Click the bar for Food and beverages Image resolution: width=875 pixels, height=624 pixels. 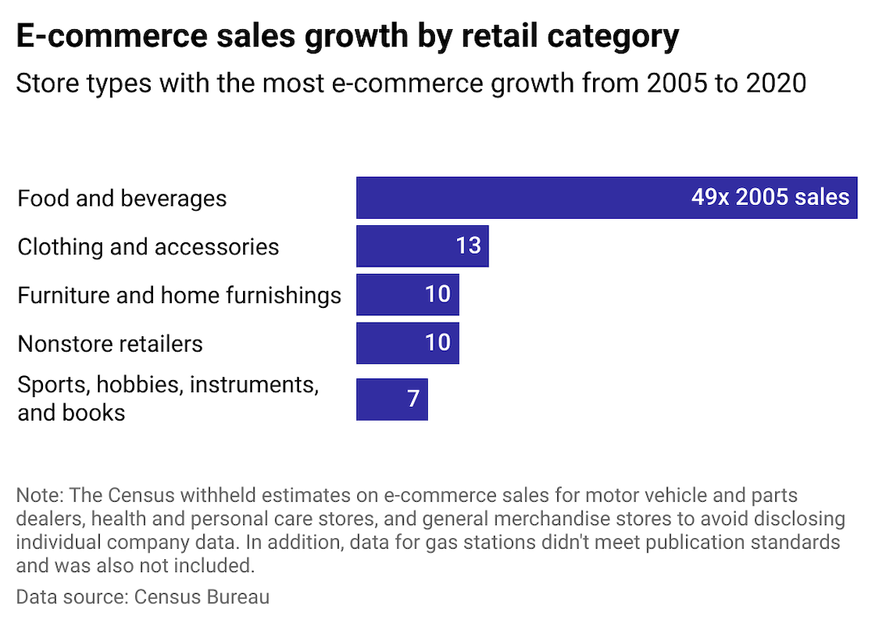[x=519, y=198]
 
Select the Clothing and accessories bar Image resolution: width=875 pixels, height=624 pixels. [x=405, y=246]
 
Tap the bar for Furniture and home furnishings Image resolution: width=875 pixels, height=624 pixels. [x=389, y=294]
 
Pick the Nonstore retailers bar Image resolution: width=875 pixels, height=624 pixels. [x=389, y=343]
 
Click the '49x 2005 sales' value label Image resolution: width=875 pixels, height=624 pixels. [x=770, y=198]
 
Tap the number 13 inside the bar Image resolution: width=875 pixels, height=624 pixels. [x=468, y=246]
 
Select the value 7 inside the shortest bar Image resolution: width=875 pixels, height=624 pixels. [x=413, y=399]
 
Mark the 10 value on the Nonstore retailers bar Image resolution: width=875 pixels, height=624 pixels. [x=437, y=343]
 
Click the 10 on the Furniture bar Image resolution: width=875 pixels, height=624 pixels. [x=437, y=294]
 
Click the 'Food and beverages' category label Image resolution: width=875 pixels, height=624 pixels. [x=122, y=199]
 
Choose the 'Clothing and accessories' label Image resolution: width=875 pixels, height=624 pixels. [x=148, y=247]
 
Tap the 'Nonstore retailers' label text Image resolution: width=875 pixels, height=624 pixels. [x=110, y=344]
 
